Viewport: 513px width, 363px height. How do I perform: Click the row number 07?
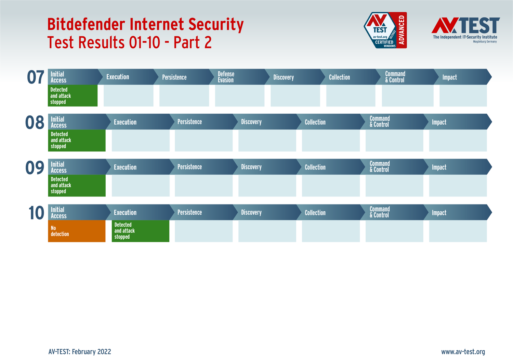36,77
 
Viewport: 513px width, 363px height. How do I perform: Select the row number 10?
36,213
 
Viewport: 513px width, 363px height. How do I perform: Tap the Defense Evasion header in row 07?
226,77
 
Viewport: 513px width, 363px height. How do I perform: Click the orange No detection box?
77,231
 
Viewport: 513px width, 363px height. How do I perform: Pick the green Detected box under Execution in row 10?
140,231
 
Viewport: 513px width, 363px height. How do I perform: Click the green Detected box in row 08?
77,140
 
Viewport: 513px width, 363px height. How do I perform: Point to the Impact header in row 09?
439,167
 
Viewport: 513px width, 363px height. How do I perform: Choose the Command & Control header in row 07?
395,77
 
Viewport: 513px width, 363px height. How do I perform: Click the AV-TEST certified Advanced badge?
385,30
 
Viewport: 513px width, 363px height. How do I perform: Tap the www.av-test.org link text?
463,352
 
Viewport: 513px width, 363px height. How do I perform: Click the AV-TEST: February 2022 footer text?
80,352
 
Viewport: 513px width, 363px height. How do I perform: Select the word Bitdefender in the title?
86,24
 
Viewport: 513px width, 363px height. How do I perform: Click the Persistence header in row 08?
189,122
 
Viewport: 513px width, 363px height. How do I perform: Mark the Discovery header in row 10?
251,212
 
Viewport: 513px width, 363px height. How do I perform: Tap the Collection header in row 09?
315,167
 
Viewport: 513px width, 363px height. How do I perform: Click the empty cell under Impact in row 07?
463,96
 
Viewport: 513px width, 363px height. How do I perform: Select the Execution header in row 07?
118,77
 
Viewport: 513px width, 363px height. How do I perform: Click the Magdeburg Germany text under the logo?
485,41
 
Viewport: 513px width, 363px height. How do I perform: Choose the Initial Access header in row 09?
58,167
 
